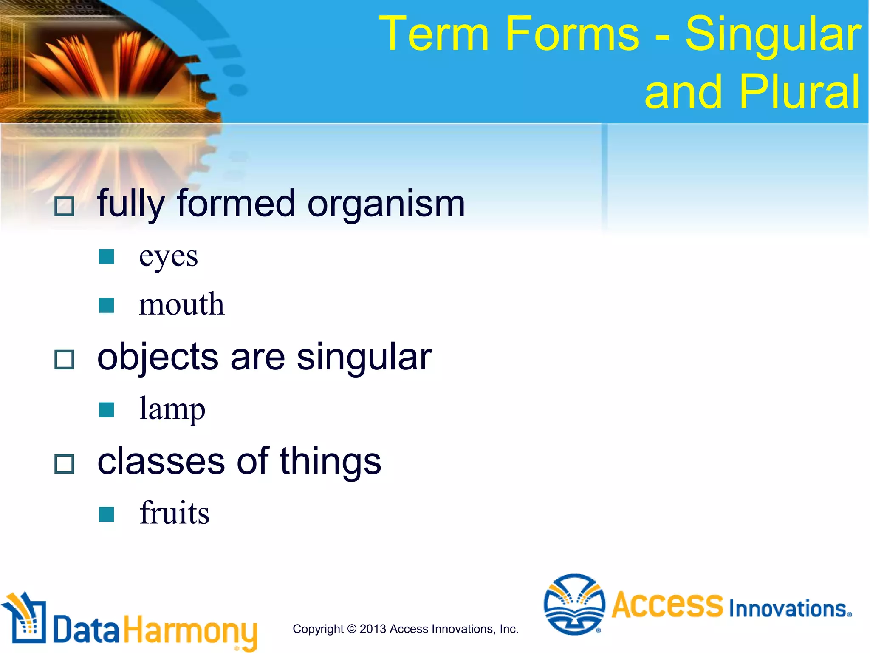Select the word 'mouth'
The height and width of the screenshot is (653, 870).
[x=181, y=304]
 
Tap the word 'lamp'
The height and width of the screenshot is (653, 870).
[x=172, y=409]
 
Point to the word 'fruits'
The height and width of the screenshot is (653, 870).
[x=174, y=513]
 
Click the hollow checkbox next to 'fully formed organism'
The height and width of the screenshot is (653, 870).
[x=64, y=207]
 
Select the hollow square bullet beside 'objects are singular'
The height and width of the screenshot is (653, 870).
[x=64, y=360]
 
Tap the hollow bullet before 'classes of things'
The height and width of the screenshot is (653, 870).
[x=64, y=464]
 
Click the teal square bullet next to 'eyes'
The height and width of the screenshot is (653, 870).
[x=106, y=257]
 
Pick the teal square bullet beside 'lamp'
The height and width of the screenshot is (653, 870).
[x=106, y=410]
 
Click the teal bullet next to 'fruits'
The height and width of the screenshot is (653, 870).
[x=106, y=514]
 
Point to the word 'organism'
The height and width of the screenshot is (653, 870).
[x=386, y=204]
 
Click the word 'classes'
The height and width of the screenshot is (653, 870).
[x=161, y=462]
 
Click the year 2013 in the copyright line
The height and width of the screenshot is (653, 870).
[x=373, y=629]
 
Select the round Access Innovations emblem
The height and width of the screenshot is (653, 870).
[x=574, y=604]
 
